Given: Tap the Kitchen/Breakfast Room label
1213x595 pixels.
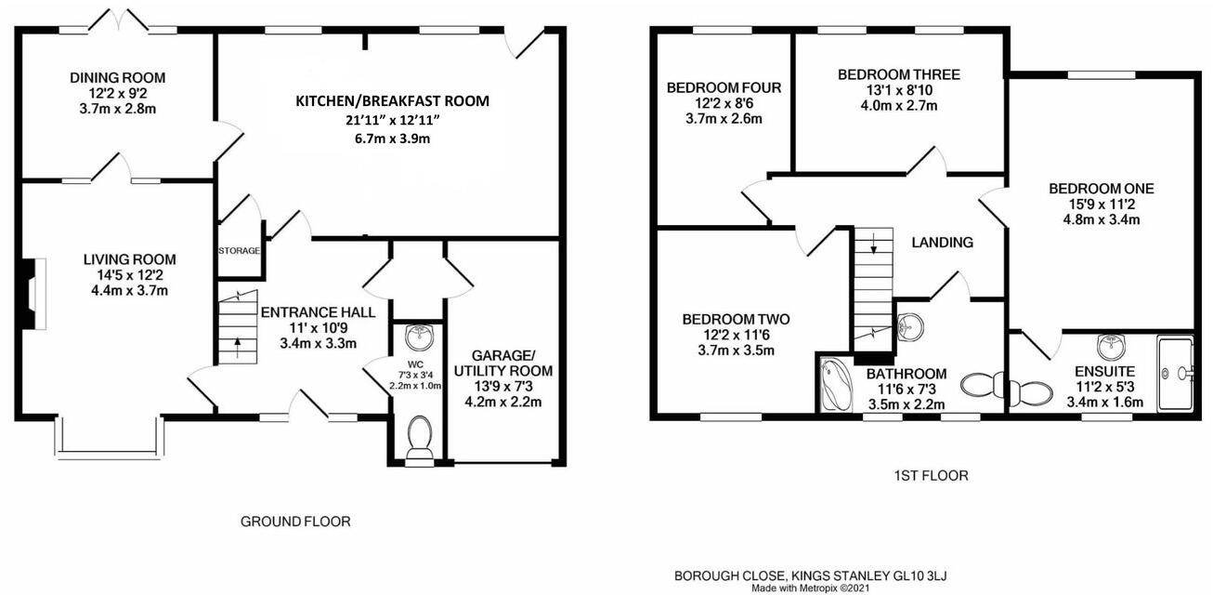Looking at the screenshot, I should (392, 100).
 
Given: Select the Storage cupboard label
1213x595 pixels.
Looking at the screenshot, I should (240, 250).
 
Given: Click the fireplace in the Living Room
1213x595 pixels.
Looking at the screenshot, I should (30, 295).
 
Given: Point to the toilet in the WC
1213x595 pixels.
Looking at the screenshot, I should (419, 438).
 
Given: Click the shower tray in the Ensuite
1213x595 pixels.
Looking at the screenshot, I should (1177, 373).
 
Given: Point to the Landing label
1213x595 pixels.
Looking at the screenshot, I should (942, 243).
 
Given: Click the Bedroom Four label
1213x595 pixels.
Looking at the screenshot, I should (724, 88).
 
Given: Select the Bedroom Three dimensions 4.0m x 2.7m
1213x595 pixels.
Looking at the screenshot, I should (898, 106).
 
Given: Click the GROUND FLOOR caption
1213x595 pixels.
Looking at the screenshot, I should (295, 522).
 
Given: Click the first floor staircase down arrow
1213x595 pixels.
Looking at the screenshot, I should (873, 244).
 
